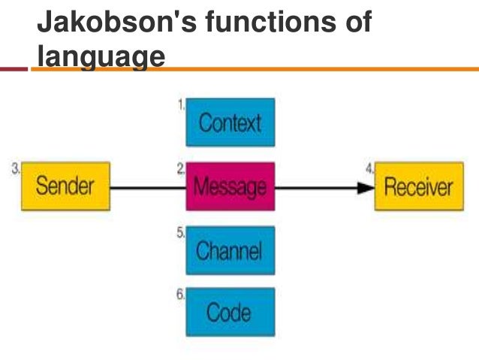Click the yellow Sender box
point(65,186)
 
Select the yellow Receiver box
point(418,186)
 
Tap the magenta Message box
point(230,186)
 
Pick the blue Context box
point(230,123)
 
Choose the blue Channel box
point(230,250)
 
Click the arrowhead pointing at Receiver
point(366,186)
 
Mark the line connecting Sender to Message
point(148,186)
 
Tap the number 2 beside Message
point(181,170)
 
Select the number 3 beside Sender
point(16,170)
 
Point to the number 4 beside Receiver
point(369,170)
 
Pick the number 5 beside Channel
point(181,234)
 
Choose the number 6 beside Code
point(181,295)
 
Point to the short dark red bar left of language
point(14,70)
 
